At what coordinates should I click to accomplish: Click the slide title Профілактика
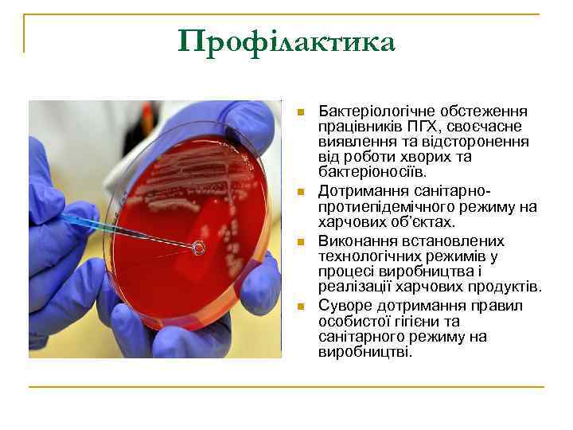286,41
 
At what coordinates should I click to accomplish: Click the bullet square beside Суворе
300,306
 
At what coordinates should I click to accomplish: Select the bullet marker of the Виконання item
300,241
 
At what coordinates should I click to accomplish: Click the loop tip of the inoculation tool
199,248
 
